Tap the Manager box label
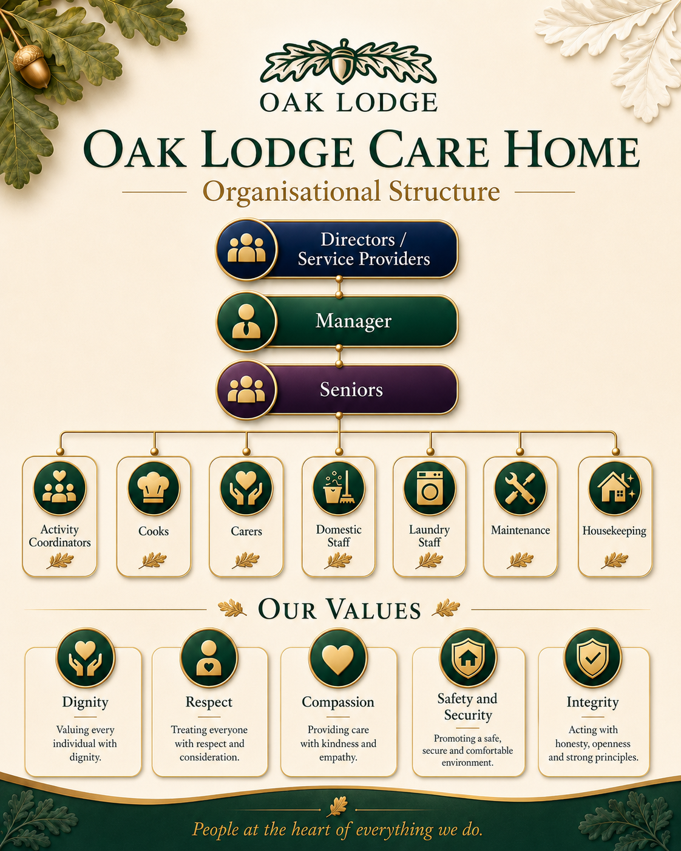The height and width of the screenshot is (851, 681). (353, 320)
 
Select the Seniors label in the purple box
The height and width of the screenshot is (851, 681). (351, 390)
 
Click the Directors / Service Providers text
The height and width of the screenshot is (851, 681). (364, 249)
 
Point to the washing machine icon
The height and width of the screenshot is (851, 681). (430, 487)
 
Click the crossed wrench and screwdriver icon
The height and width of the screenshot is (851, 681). (520, 488)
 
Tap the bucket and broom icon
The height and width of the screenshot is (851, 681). (339, 487)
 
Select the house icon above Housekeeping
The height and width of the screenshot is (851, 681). (615, 487)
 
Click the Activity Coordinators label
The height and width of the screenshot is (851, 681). (59, 536)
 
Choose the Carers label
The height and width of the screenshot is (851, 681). (246, 531)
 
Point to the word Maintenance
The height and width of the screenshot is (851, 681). (520, 530)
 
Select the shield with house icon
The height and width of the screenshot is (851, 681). (468, 657)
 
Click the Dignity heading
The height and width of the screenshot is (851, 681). (85, 703)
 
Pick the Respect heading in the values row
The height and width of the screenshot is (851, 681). (209, 702)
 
